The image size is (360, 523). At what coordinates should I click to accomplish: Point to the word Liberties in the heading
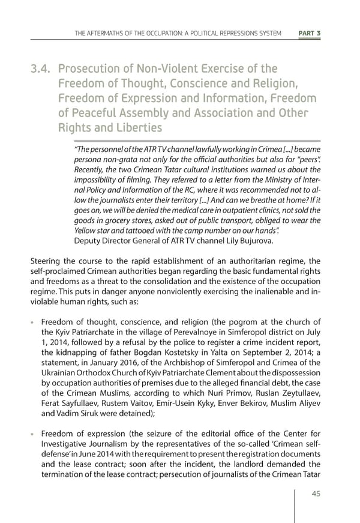135,127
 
